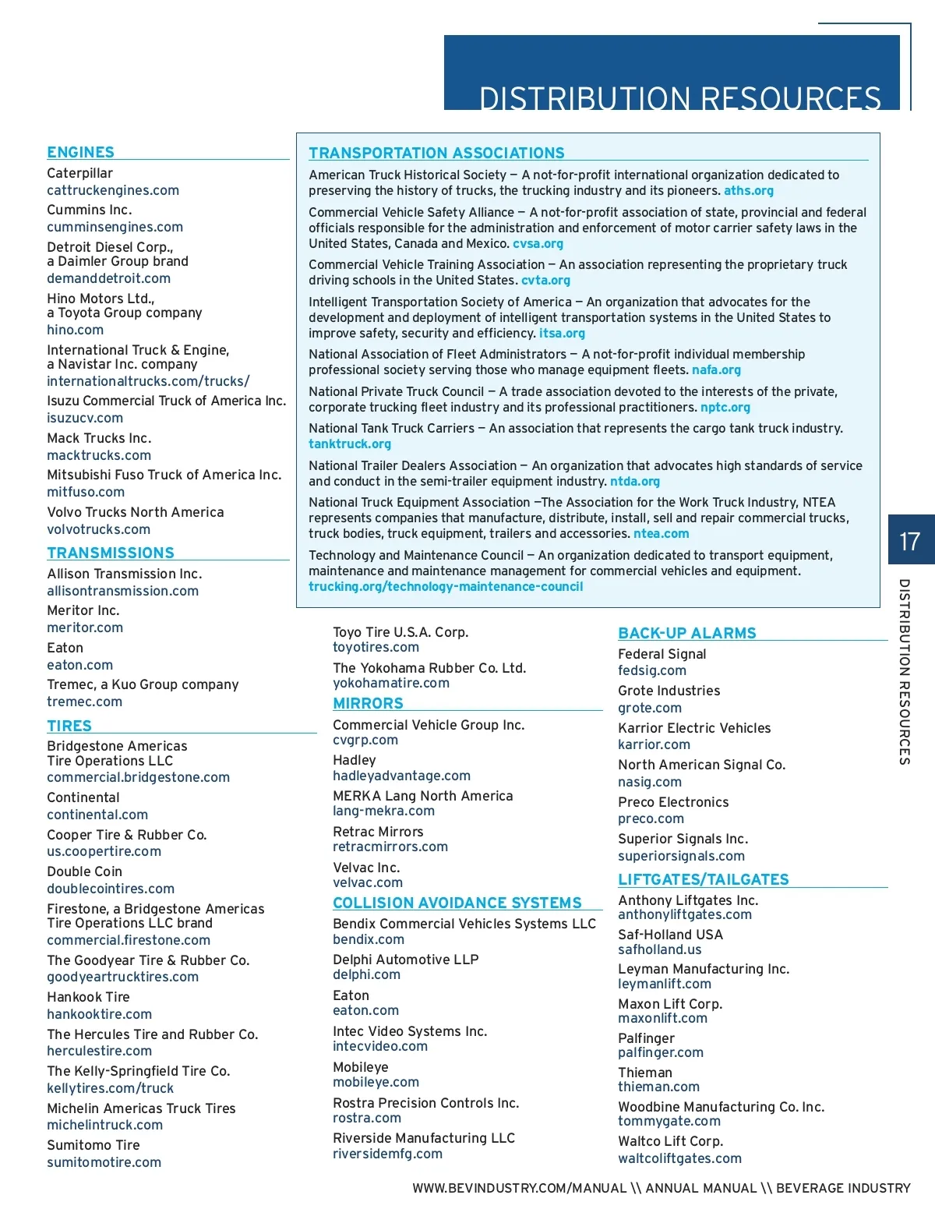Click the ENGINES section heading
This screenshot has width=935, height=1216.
click(x=80, y=153)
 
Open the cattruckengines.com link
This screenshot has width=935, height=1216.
click(x=113, y=190)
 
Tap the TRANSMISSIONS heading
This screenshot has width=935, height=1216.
click(x=111, y=553)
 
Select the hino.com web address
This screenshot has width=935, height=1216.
click(x=75, y=330)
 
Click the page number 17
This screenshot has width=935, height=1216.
click(x=909, y=541)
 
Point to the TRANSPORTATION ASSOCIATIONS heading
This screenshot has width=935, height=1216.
click(x=436, y=154)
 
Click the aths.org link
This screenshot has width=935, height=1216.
click(x=749, y=191)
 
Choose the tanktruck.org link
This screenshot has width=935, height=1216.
click(x=350, y=444)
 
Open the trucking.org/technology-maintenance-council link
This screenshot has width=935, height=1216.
click(x=446, y=587)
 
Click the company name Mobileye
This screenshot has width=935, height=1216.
click(x=360, y=1067)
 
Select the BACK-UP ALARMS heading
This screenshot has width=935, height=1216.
click(x=687, y=634)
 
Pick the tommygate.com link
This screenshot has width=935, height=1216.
click(x=669, y=1122)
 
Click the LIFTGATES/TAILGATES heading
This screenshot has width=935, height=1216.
click(x=704, y=880)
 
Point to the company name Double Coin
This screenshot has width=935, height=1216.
click(x=84, y=871)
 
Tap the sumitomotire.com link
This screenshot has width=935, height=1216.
click(x=104, y=1162)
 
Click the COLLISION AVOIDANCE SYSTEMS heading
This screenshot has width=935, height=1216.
click(x=457, y=903)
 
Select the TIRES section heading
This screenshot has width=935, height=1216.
click(x=69, y=726)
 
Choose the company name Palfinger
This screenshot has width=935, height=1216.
click(x=647, y=1038)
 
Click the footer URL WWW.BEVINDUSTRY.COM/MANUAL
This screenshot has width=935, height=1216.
click(x=520, y=1189)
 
